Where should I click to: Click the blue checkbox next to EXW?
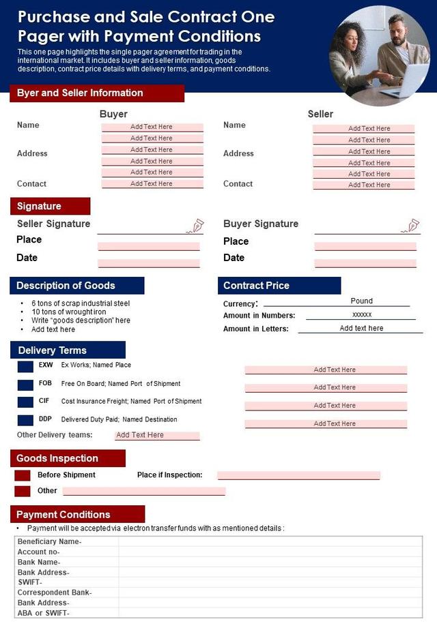(x=25, y=366)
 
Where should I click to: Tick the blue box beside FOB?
(x=25, y=385)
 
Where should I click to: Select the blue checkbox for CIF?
(x=25, y=402)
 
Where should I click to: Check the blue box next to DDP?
(x=25, y=420)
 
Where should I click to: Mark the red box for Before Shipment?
(x=23, y=475)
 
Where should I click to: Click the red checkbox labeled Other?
(x=23, y=491)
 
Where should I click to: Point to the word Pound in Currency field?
(x=361, y=301)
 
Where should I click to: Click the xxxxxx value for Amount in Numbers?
(x=361, y=315)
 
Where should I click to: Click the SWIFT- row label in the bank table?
(x=30, y=582)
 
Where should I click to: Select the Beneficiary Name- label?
(x=49, y=541)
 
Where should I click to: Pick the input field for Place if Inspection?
(x=298, y=475)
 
